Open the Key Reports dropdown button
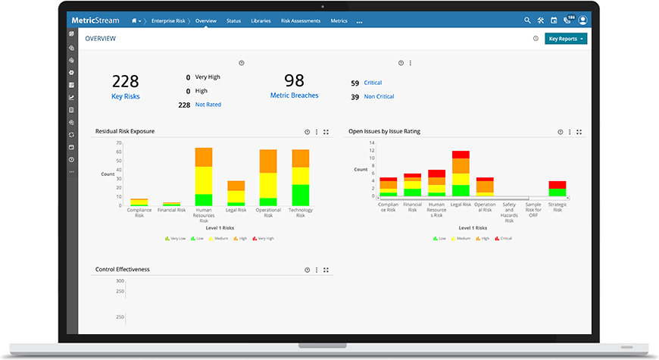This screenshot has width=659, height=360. coord(566,38)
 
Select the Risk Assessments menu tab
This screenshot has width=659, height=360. coord(300,21)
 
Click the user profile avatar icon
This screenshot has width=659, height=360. coord(582,20)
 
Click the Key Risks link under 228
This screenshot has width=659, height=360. coord(126,96)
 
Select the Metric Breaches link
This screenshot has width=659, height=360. coord(294,95)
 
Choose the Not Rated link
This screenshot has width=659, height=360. coord(208,105)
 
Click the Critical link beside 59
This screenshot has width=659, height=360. coord(373,83)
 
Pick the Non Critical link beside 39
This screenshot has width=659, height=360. coord(379,96)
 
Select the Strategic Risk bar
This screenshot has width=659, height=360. coord(557,189)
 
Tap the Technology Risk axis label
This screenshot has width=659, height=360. coord(301,213)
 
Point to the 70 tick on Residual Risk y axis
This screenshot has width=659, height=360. coord(119,142)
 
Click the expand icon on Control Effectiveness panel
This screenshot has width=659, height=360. coord(326,270)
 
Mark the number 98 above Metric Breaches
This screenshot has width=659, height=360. coord(294,80)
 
